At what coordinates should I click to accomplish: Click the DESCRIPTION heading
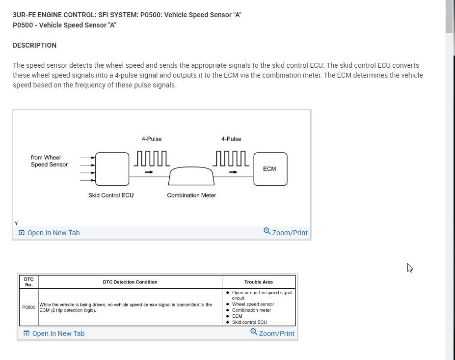tap(34, 45)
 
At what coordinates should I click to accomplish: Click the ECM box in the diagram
tap(270, 169)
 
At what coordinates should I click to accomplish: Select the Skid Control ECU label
tap(111, 195)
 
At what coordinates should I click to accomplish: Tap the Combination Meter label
tap(191, 195)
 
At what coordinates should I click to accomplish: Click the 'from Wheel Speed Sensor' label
tap(49, 161)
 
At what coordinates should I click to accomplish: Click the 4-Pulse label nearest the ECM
tap(231, 139)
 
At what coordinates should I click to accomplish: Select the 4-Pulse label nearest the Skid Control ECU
tap(152, 139)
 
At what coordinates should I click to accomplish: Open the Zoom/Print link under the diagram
tap(286, 232)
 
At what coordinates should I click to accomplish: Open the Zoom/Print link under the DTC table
tap(272, 333)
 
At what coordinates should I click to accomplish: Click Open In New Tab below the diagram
tap(49, 233)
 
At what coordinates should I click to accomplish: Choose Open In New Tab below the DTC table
tap(54, 333)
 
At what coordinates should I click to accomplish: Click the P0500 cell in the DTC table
tap(29, 307)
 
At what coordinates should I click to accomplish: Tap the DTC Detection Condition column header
tap(130, 282)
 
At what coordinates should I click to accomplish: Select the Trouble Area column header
tap(259, 282)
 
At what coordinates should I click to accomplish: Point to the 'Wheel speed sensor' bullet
tap(253, 305)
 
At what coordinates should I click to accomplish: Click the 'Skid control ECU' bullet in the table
tap(249, 322)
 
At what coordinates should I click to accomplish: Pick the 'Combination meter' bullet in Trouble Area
tap(251, 310)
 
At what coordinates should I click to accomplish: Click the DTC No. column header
tap(29, 282)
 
